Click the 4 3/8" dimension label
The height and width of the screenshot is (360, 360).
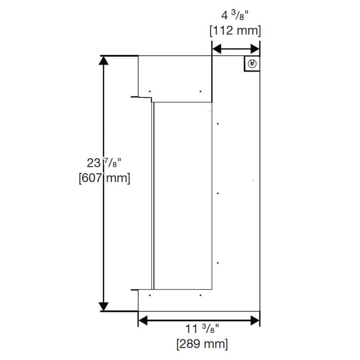(235, 17)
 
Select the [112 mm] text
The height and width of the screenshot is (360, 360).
(235, 31)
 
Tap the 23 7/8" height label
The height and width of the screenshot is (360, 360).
(104, 164)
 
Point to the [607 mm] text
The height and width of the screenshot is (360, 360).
(104, 179)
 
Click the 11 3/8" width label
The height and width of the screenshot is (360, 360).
(202, 329)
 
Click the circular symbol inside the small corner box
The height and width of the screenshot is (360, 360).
(252, 64)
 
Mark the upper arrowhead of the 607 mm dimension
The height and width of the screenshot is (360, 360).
(104, 60)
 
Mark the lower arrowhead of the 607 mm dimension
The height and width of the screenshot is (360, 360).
(104, 306)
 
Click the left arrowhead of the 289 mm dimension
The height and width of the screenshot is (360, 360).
(143, 321)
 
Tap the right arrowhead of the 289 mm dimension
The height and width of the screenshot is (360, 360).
(255, 321)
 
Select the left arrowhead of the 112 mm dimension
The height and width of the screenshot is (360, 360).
(217, 49)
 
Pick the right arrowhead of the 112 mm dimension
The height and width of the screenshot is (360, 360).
(255, 49)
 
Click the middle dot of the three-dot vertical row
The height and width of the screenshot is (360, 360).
(218, 193)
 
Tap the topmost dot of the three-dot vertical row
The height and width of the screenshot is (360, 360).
(218, 124)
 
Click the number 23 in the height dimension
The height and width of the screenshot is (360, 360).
(93, 164)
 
